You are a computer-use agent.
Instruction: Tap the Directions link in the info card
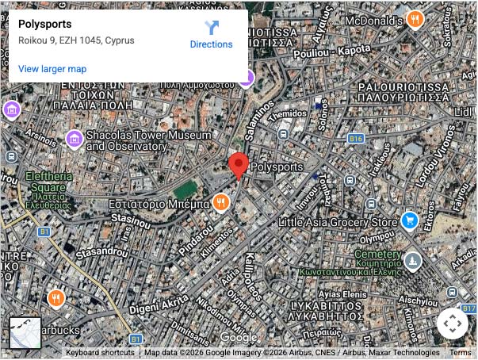211,35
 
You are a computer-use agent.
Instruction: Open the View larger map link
52,69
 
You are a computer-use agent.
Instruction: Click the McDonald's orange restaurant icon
414,19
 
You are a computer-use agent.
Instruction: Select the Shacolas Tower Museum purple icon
74,140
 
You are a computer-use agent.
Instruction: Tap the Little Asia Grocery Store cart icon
410,220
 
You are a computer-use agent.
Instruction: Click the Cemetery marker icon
412,261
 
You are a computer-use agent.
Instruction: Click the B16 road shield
354,139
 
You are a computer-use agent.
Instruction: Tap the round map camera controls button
453,324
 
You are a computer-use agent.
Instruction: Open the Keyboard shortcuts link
100,353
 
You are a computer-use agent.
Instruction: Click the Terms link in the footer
460,353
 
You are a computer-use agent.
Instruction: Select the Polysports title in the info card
44,24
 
